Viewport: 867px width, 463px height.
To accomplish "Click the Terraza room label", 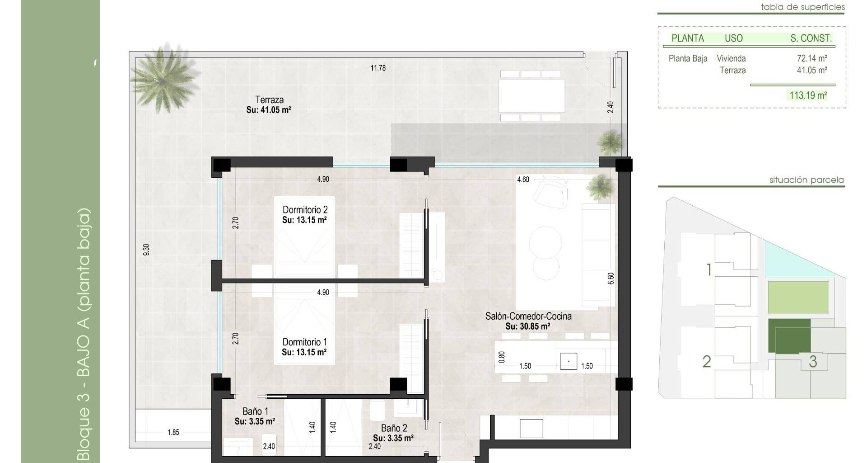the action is click(269, 100).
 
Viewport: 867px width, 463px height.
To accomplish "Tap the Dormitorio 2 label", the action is click(305, 210).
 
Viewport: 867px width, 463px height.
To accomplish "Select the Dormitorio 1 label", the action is click(304, 342).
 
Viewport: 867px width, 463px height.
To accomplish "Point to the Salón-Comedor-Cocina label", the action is click(528, 317).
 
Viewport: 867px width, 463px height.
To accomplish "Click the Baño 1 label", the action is click(255, 411).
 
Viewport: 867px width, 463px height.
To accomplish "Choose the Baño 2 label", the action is click(394, 428).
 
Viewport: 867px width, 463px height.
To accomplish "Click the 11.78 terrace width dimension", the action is click(378, 68).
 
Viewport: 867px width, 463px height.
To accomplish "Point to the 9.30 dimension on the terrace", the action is click(146, 250).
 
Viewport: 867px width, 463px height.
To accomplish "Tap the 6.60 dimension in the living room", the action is click(611, 278).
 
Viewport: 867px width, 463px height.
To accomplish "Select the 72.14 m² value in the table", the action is click(812, 58).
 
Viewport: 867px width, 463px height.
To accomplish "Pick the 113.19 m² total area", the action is click(808, 95).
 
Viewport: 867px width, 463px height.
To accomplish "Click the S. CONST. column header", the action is click(811, 38).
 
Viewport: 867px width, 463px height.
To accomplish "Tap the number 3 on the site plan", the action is click(813, 362).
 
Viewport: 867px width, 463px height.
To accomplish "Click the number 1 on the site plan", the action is click(709, 270).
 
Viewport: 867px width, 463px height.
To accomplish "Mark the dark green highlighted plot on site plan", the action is click(789, 336).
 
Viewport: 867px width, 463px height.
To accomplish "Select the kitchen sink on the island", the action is click(569, 361).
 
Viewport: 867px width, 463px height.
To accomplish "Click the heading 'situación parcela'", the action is click(806, 180).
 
